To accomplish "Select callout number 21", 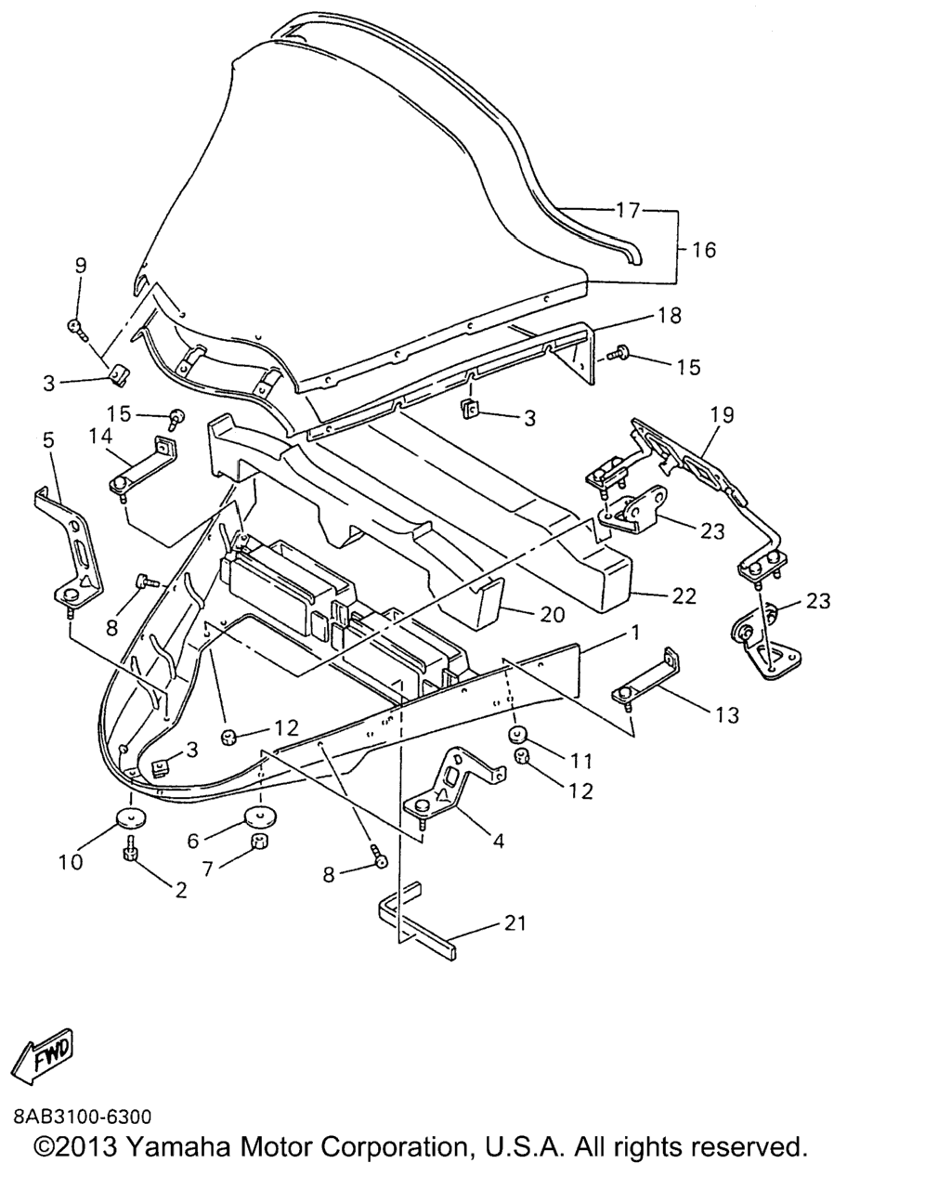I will pyautogui.click(x=515, y=922).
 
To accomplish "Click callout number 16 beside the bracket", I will pyautogui.click(x=704, y=249).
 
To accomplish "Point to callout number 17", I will pyautogui.click(x=629, y=211).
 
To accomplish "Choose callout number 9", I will pyautogui.click(x=81, y=265).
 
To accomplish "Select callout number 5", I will pyautogui.click(x=49, y=439).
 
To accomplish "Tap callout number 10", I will pyautogui.click(x=70, y=861).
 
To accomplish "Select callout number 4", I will pyautogui.click(x=499, y=841).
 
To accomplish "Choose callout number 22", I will pyautogui.click(x=684, y=596).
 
